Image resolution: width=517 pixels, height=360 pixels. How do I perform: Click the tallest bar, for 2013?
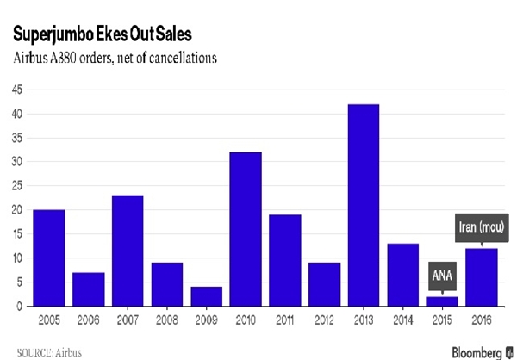click(364, 205)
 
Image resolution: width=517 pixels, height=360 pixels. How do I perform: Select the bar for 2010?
click(246, 229)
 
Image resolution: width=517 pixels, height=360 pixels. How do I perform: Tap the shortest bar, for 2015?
click(442, 301)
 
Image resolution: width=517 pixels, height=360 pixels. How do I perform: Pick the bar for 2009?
click(207, 297)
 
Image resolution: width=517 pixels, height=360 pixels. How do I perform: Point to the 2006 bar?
click(89, 289)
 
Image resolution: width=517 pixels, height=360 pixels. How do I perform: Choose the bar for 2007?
click(128, 251)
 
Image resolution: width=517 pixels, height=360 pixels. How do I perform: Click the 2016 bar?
click(482, 277)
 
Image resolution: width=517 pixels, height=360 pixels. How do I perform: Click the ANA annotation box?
click(442, 276)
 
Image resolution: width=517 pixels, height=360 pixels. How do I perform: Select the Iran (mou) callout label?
click(482, 228)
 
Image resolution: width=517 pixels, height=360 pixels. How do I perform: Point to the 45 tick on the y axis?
click(17, 90)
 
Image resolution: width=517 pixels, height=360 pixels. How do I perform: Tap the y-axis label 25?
click(17, 186)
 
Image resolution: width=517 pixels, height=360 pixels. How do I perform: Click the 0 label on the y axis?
click(20, 307)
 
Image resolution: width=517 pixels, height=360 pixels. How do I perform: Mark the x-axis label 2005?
click(49, 320)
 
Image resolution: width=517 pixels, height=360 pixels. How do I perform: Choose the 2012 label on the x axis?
click(324, 320)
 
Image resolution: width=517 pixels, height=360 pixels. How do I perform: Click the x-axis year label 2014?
click(403, 320)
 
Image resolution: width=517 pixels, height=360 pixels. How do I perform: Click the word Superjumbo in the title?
click(53, 34)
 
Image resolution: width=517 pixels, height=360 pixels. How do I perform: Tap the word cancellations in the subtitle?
click(183, 58)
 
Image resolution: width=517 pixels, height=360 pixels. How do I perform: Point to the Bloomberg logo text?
click(477, 352)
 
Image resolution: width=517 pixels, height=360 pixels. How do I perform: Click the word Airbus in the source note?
click(68, 353)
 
